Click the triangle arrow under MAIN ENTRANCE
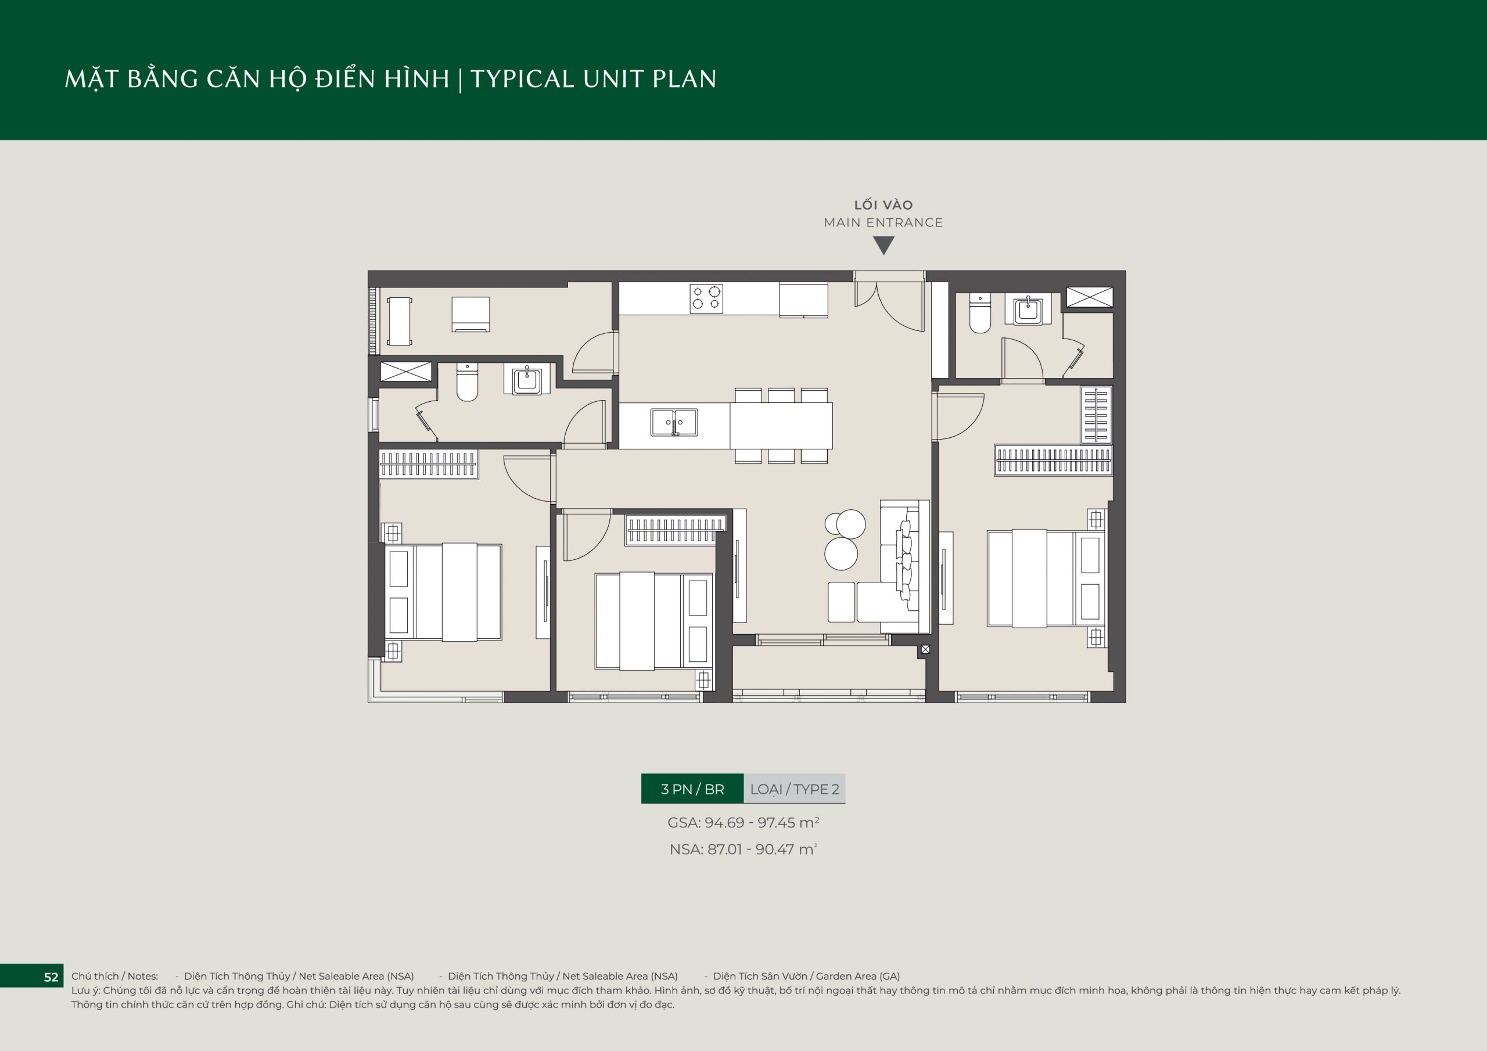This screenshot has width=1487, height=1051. coord(883,246)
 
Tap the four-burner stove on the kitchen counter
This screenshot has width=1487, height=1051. coord(706,299)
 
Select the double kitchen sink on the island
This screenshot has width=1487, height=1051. coord(674,422)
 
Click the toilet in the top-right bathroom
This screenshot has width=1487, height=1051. coord(980,313)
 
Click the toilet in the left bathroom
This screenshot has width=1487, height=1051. coord(467,381)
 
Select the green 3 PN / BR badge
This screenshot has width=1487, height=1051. coord(692,789)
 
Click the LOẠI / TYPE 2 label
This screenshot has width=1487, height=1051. coord(795,789)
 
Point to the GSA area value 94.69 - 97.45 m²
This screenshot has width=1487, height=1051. coord(743,822)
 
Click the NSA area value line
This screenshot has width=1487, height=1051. coord(743,849)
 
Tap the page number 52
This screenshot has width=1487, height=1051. coord(51,977)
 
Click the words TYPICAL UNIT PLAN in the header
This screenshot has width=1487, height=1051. coord(593,79)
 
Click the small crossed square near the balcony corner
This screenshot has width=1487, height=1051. coord(925,649)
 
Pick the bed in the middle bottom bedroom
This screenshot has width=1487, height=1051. coord(653,621)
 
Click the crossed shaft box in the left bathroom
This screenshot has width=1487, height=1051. coord(405,372)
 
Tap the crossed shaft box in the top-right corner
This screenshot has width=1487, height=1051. coord(1089,297)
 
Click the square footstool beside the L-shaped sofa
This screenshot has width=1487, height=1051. coord(841,602)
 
